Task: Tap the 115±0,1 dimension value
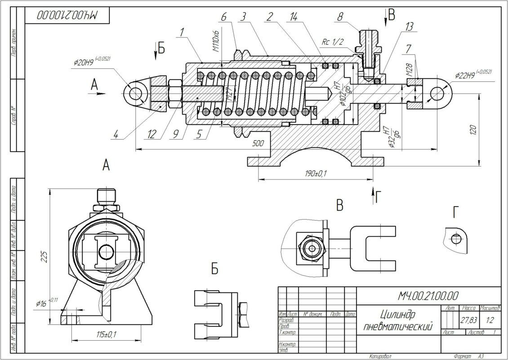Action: click(x=104, y=334)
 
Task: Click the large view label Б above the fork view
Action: click(x=214, y=269)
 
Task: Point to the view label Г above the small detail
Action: click(x=456, y=213)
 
